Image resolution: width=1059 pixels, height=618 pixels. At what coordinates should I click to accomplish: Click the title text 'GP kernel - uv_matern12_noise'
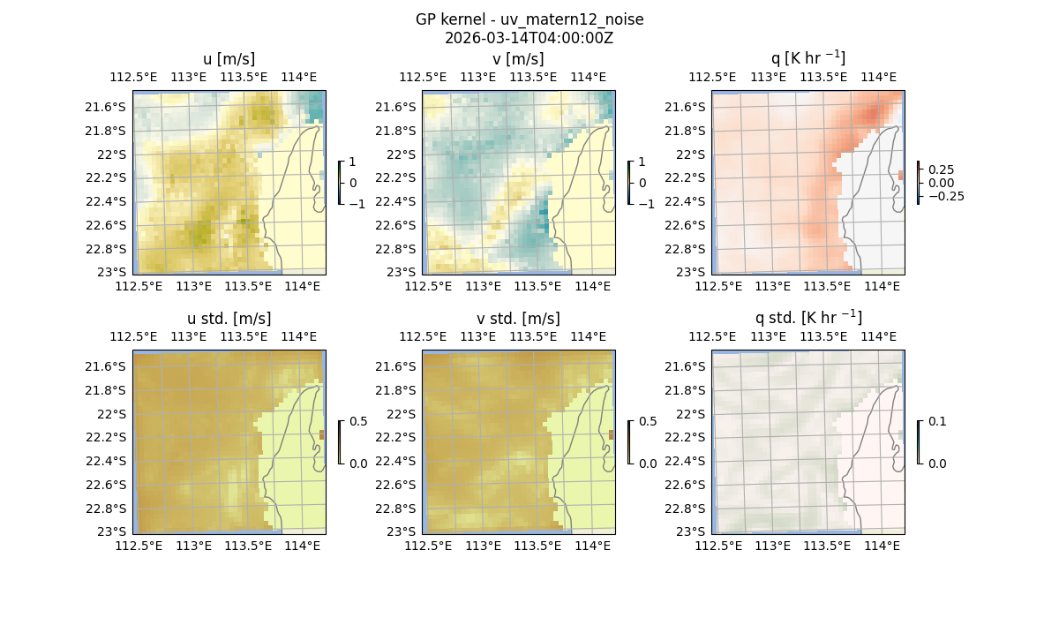pos(529,19)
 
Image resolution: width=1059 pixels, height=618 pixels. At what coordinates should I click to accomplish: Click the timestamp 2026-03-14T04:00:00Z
pos(529,38)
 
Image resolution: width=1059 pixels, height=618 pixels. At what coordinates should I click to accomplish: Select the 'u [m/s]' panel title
pos(229,59)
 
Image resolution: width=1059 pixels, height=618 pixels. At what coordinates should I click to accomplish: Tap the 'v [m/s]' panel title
pos(518,59)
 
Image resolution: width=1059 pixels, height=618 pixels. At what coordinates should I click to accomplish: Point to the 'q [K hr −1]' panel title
pos(807,58)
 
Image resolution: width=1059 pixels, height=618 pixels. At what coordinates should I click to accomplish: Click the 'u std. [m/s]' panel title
pos(229,319)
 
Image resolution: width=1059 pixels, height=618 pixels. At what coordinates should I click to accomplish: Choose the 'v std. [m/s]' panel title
pos(518,319)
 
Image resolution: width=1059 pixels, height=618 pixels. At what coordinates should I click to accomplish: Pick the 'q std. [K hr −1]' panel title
pos(807,318)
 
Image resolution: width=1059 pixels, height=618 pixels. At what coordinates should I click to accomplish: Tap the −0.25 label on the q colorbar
pos(946,196)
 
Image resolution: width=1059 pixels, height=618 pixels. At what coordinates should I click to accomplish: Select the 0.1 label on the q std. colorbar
pos(936,421)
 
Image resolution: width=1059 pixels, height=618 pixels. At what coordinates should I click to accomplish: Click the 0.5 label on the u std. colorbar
pos(358,421)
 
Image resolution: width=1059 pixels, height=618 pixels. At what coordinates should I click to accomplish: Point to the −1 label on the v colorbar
pos(647,203)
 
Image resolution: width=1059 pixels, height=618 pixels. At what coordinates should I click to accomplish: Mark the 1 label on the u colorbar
pos(354,162)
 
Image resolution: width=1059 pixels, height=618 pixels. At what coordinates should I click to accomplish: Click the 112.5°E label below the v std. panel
pos(428,546)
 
